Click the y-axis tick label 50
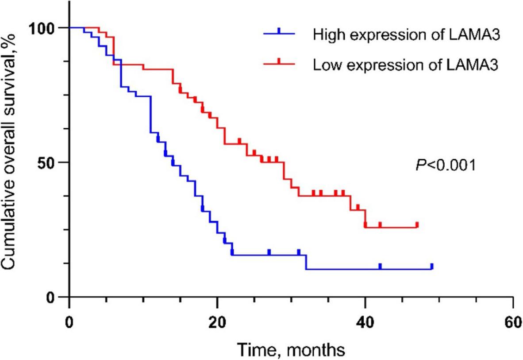click(50, 162)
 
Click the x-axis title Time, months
click(291, 349)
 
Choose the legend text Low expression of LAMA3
click(406, 65)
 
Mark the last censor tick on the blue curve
click(431, 266)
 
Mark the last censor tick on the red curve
click(417, 225)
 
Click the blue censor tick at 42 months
click(380, 266)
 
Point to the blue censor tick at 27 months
click(269, 252)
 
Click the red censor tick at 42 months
click(380, 225)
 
